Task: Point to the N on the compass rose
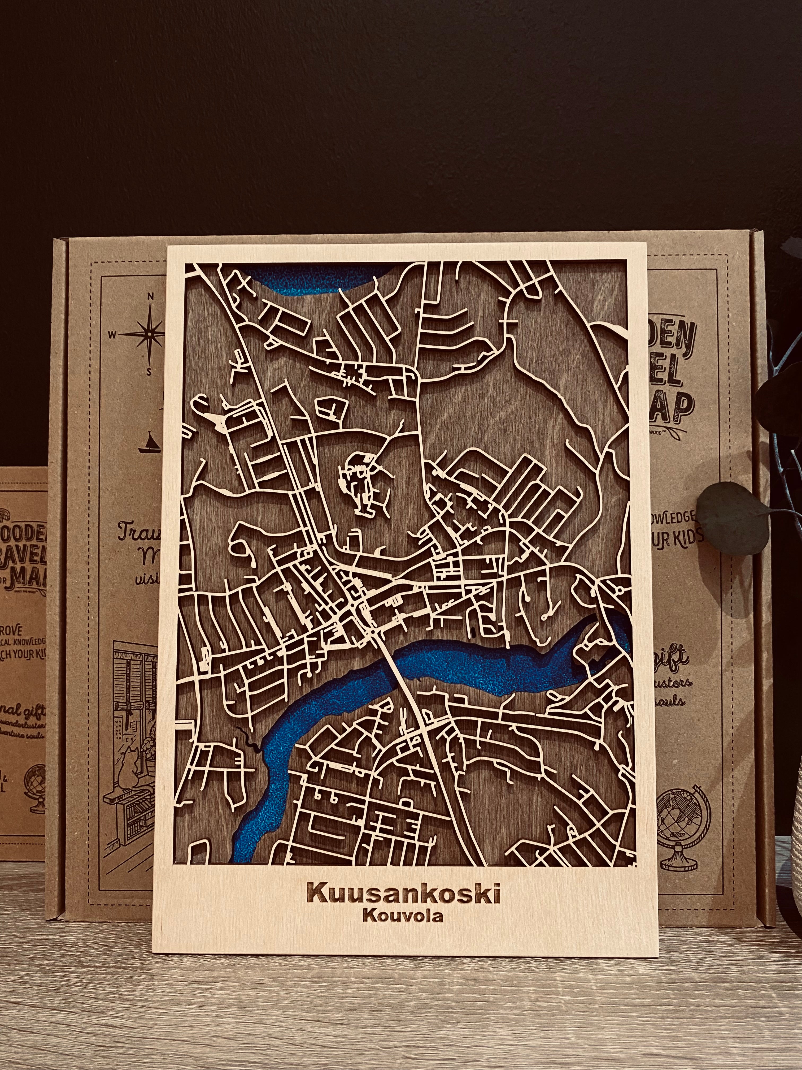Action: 150,296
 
